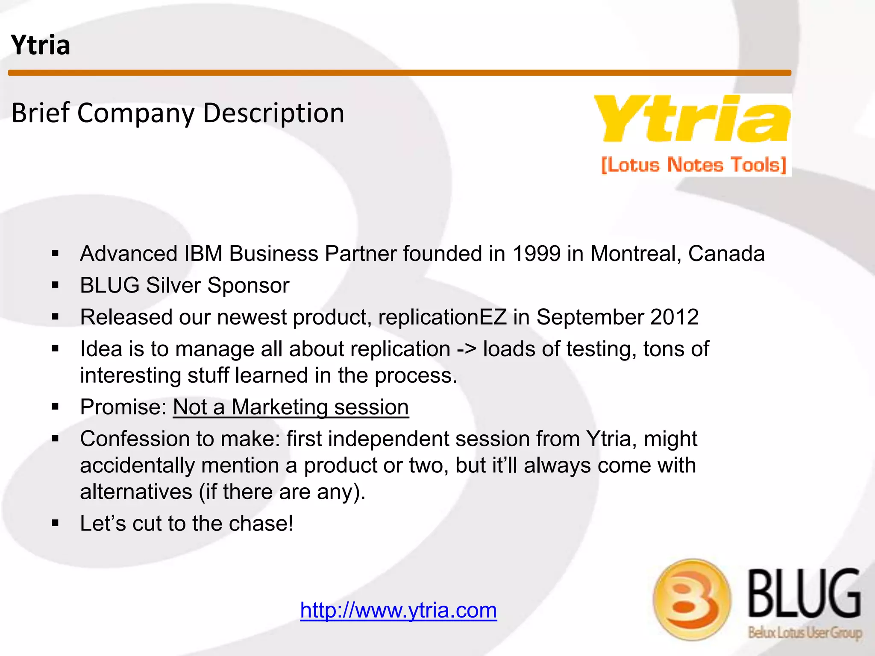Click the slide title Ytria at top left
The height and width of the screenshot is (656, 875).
(x=41, y=45)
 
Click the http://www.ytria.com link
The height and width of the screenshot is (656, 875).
(x=398, y=610)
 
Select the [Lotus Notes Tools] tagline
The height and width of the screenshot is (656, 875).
(x=694, y=165)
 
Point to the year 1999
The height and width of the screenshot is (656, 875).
(x=536, y=254)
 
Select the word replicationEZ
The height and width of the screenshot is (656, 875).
(x=442, y=317)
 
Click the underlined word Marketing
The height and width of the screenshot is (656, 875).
(x=279, y=407)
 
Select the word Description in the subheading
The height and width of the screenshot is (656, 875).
(x=273, y=113)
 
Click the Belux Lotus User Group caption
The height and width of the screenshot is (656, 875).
(x=805, y=633)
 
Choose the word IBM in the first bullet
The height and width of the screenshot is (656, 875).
(x=203, y=254)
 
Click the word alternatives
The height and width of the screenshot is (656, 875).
(x=136, y=492)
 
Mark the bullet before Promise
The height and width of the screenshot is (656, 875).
(x=55, y=407)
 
